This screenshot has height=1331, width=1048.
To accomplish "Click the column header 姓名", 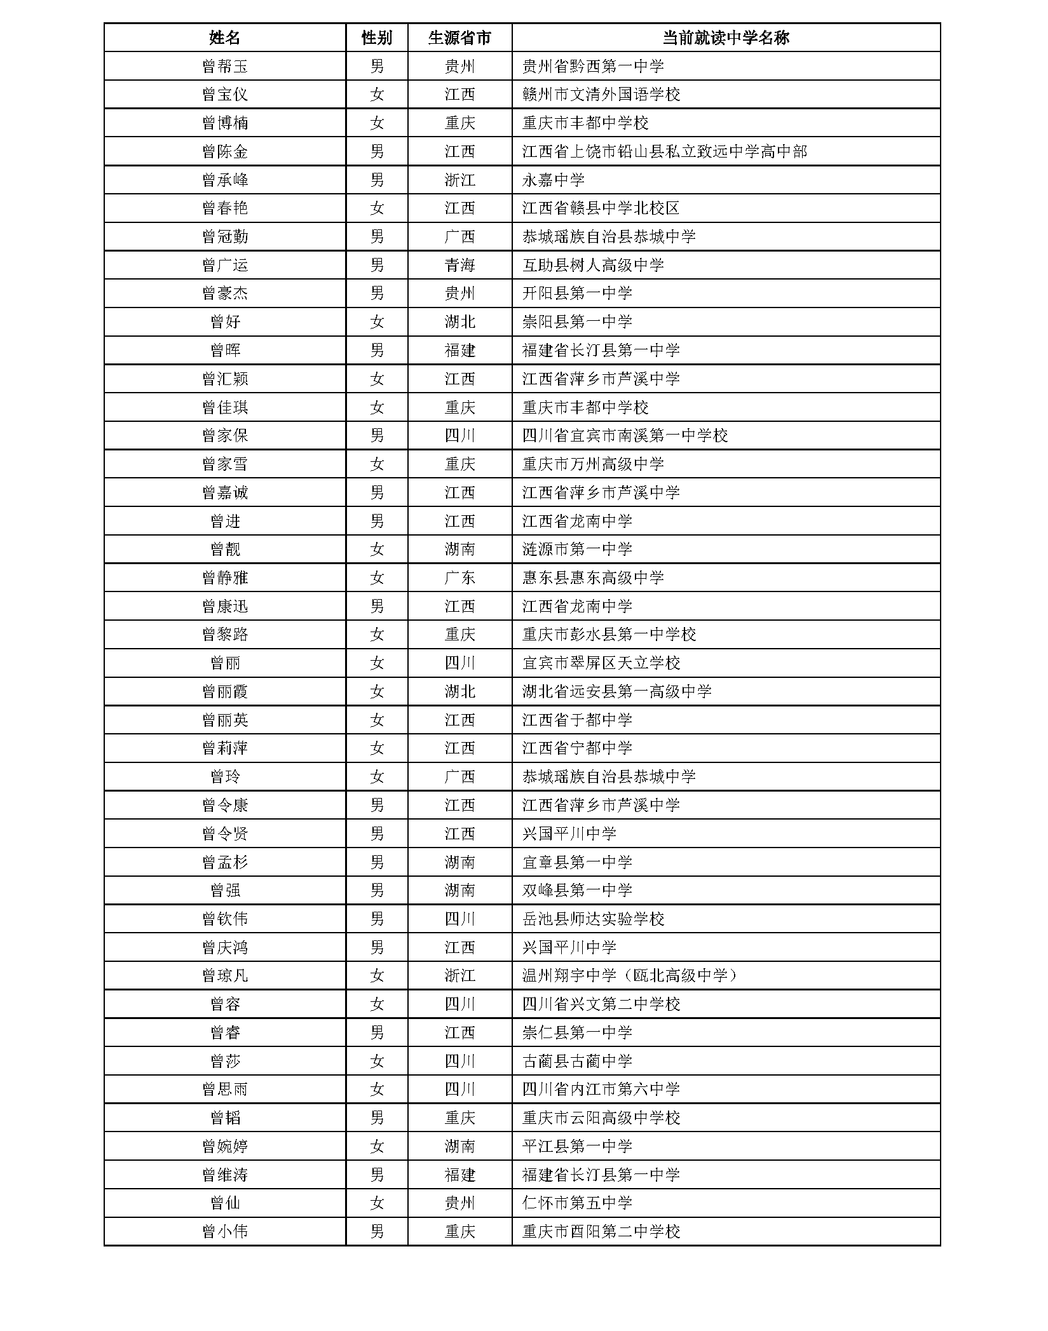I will [224, 38].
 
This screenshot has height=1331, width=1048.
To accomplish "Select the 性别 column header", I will [376, 38].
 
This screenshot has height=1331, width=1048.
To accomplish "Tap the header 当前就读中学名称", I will [725, 38].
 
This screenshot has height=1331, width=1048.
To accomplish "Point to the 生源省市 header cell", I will [459, 38].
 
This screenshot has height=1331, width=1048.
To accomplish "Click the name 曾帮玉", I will [224, 66].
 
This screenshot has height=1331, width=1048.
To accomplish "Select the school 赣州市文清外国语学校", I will [601, 95].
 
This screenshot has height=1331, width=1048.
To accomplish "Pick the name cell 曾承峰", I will [224, 180].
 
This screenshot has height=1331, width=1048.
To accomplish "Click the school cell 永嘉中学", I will [553, 180].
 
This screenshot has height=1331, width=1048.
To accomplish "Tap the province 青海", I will [459, 265].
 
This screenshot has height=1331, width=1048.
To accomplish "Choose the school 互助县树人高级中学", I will [593, 265].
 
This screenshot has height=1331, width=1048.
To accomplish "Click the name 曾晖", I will [224, 350].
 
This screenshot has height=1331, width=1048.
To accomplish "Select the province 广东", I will [459, 578].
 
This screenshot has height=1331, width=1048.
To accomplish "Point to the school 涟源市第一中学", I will [577, 549].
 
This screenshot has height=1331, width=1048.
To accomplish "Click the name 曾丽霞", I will [224, 691].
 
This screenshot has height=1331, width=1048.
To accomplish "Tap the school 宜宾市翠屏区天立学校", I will [601, 663].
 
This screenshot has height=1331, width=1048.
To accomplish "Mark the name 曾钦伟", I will [224, 919].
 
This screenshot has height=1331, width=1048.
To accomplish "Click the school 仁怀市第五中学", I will [577, 1203].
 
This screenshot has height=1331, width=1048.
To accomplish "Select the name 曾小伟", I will [224, 1231].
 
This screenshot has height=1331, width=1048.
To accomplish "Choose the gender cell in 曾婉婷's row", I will [376, 1146].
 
